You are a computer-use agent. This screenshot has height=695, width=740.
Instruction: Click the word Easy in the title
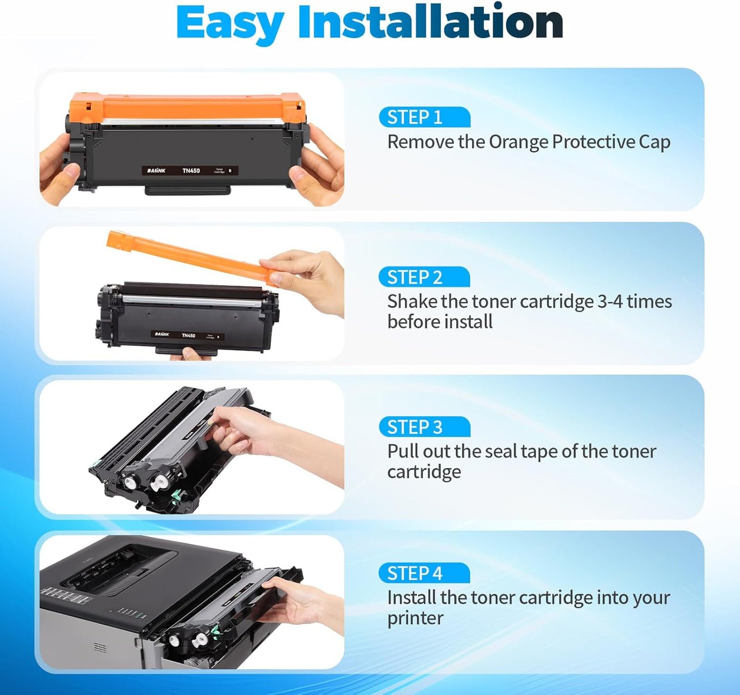click(x=230, y=23)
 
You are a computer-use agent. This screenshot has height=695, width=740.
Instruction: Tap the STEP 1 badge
click(x=424, y=117)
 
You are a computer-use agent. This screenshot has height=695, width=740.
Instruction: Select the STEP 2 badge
click(x=424, y=277)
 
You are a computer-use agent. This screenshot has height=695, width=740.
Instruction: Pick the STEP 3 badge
click(x=424, y=427)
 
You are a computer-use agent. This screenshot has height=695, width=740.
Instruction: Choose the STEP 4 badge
click(x=424, y=573)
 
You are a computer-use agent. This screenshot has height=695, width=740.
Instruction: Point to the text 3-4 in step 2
click(x=610, y=301)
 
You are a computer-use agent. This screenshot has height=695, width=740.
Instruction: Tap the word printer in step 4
click(x=415, y=619)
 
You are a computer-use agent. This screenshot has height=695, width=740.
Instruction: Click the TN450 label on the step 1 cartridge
click(x=191, y=171)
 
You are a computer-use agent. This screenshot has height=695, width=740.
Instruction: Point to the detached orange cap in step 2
click(x=189, y=255)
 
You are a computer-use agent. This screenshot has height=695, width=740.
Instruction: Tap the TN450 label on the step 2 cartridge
click(x=188, y=336)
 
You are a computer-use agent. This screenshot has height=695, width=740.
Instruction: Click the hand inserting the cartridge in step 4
click(x=302, y=605)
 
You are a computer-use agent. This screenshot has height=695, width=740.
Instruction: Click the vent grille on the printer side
click(x=100, y=648)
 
